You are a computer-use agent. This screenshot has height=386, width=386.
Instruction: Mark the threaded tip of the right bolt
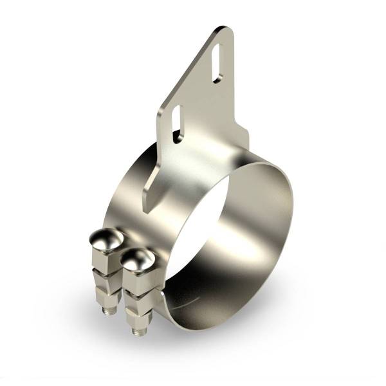click(137, 331)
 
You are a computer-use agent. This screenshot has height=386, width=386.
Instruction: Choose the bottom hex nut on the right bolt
click(138, 315)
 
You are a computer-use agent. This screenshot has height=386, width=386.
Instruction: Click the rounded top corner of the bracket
click(222, 30)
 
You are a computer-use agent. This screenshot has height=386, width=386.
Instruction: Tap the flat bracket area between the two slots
click(196, 93)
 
